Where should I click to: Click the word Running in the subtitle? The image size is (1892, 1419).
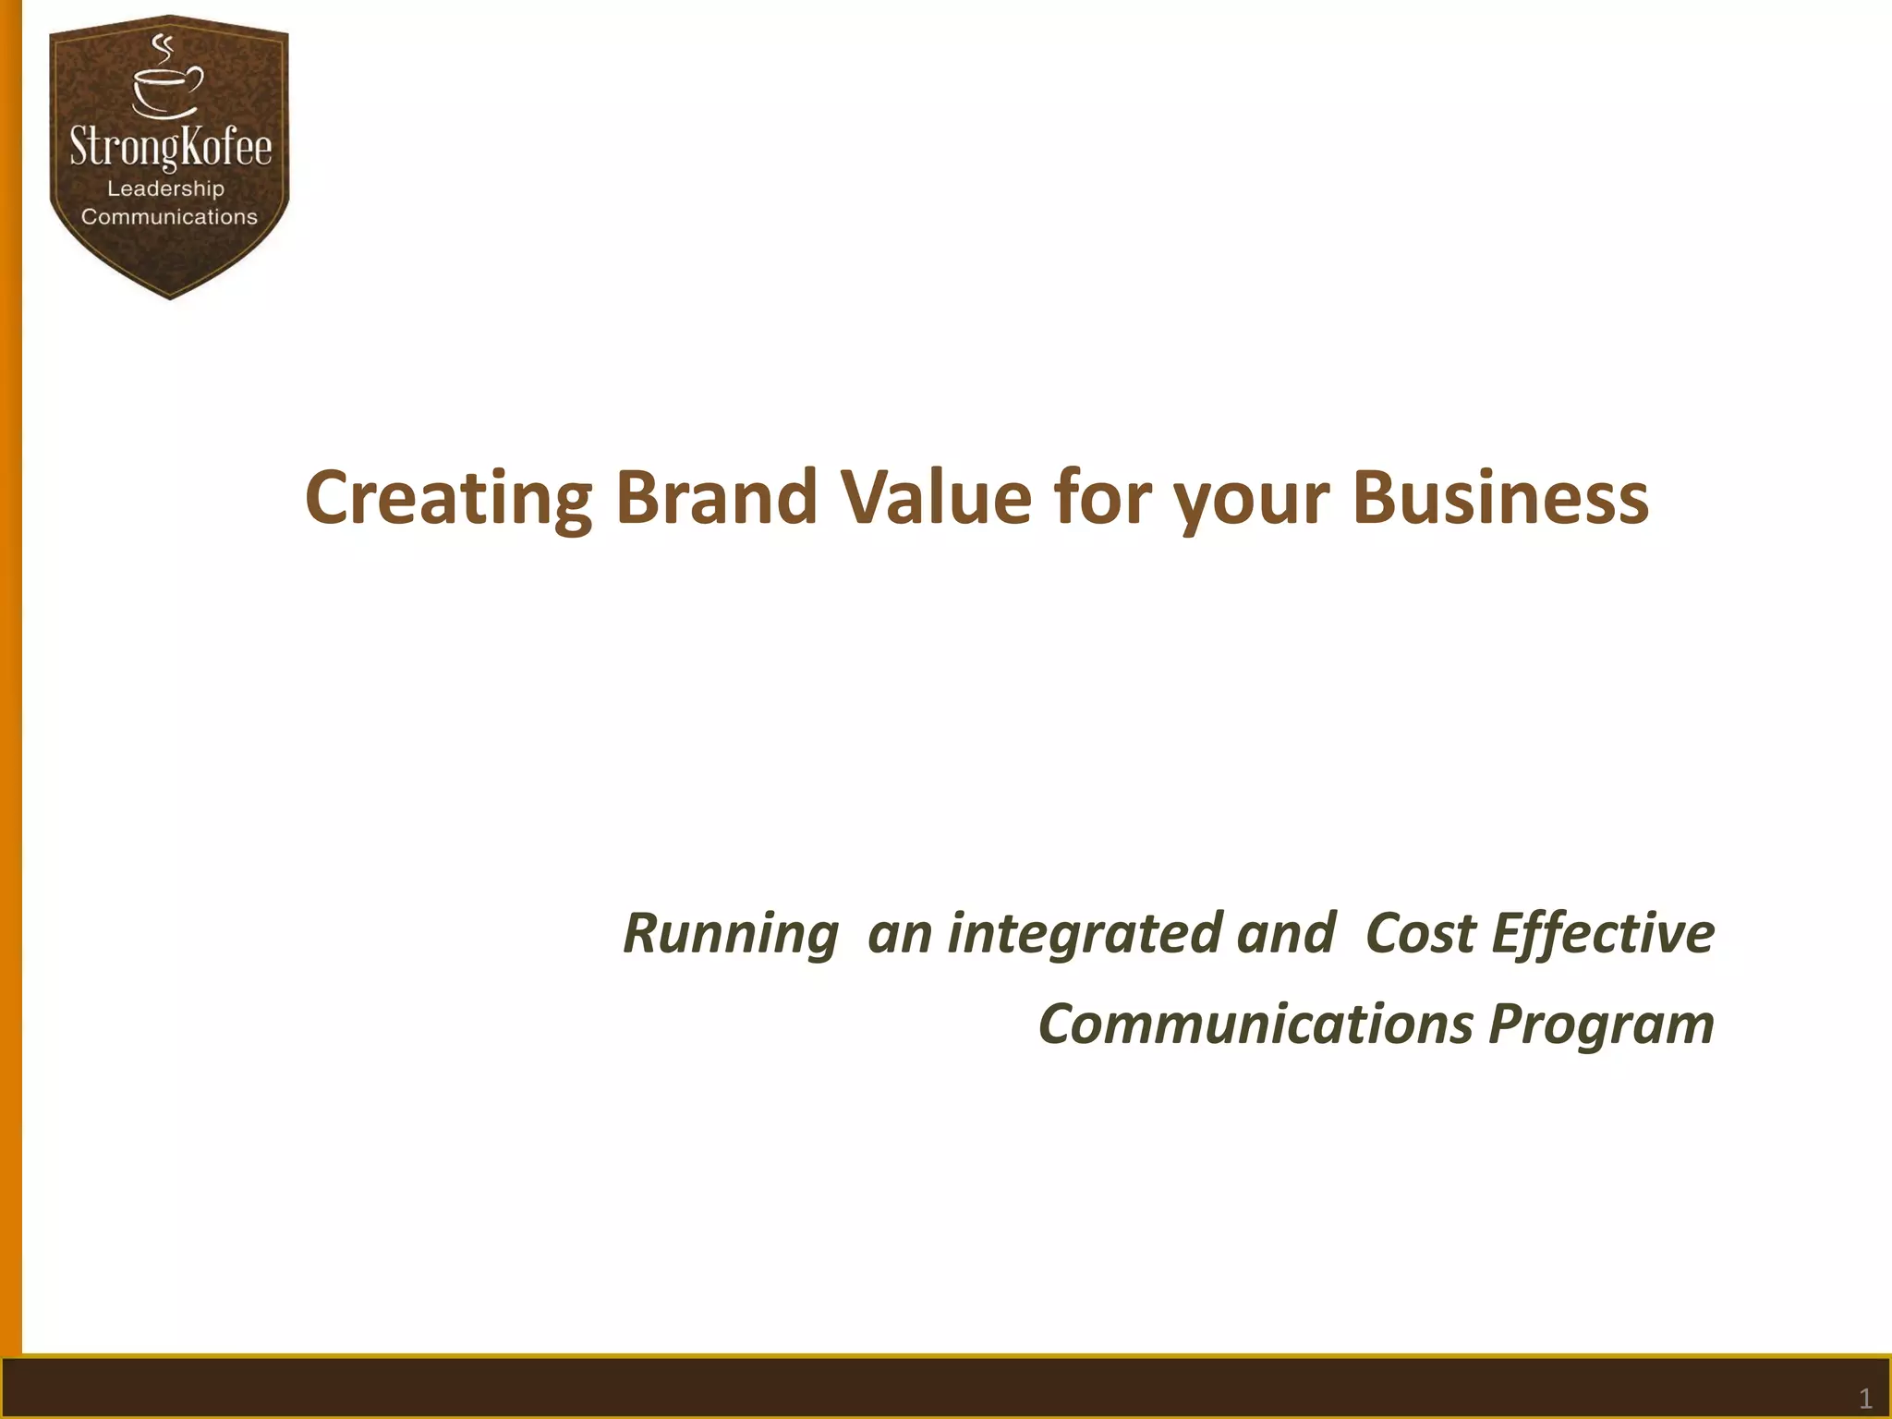(730, 933)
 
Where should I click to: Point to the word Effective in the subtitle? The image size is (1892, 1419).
(1603, 933)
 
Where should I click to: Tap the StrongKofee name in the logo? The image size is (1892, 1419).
(171, 148)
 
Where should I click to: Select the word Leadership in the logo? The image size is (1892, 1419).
(166, 188)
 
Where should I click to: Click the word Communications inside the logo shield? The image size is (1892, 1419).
(169, 217)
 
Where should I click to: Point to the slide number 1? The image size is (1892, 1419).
(1864, 1398)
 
